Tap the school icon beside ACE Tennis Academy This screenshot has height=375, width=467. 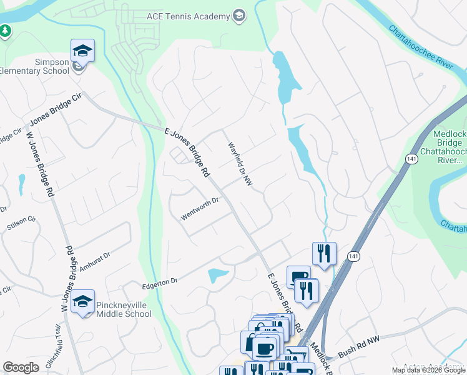click(x=238, y=16)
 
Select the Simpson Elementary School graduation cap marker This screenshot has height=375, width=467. click(x=82, y=50)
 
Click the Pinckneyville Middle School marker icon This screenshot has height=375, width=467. click(x=82, y=302)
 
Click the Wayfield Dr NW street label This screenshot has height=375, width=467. click(x=239, y=164)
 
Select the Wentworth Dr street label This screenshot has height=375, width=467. click(x=200, y=209)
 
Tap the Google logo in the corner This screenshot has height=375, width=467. click(x=21, y=367)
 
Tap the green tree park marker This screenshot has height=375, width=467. click(x=4, y=31)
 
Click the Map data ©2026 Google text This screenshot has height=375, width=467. click(x=428, y=370)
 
